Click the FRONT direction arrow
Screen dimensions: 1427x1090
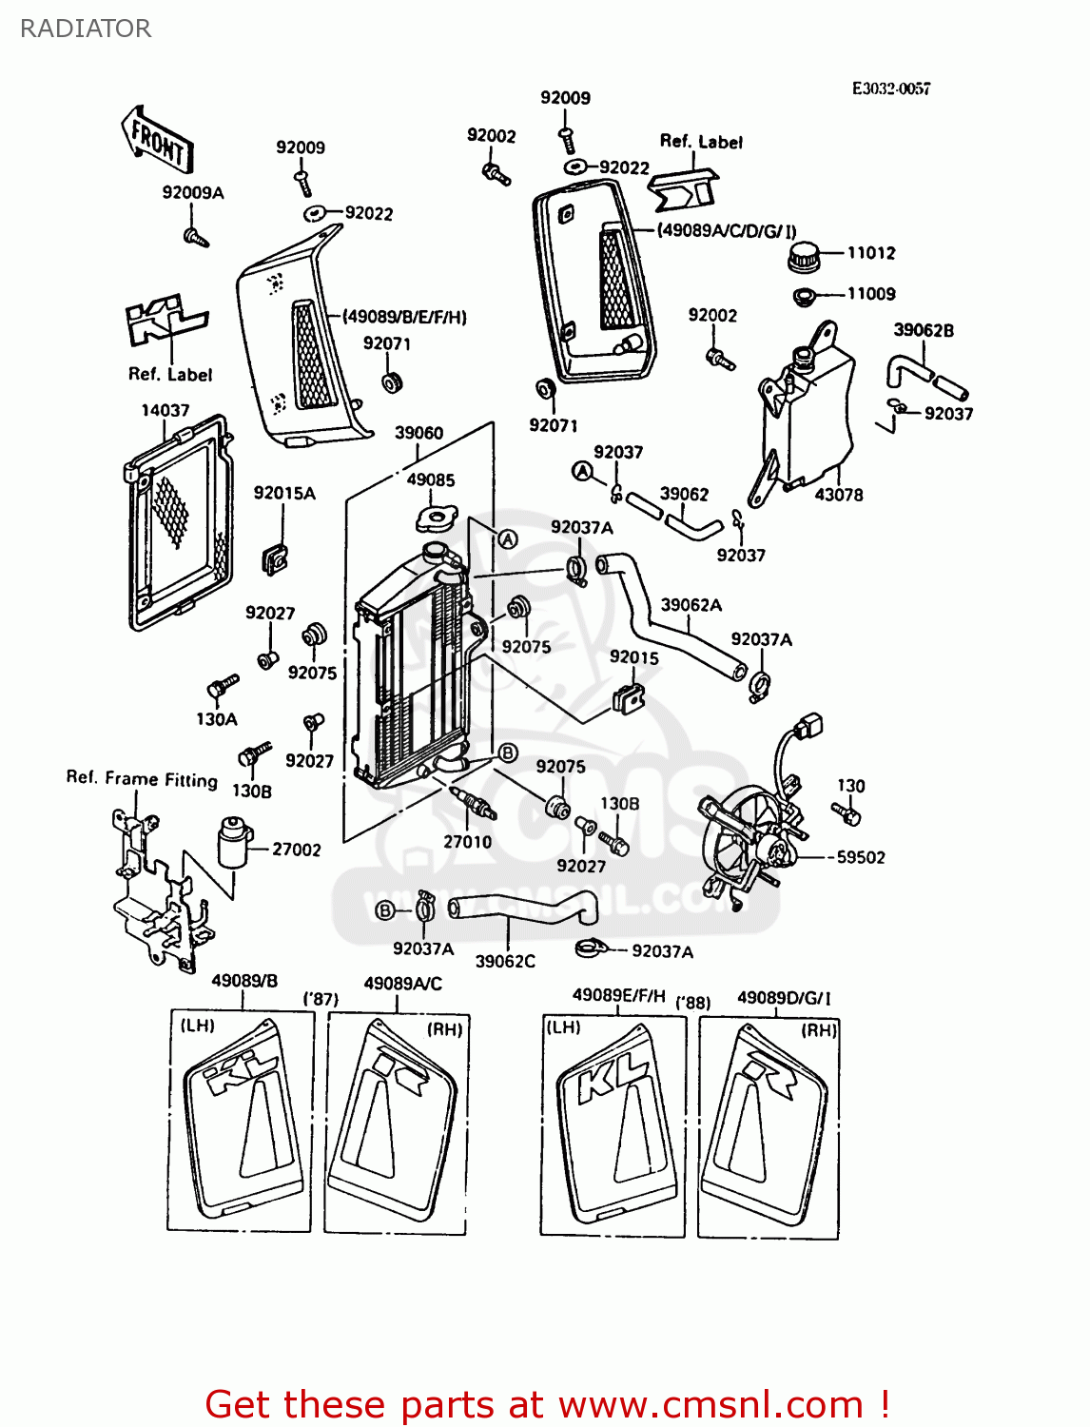[x=157, y=141]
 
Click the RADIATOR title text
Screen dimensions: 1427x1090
[x=86, y=29]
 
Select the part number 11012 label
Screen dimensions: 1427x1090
[x=870, y=253]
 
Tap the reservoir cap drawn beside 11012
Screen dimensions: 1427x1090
[x=805, y=256]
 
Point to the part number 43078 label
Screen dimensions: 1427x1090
[x=838, y=495]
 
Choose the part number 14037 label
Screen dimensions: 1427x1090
[x=165, y=410]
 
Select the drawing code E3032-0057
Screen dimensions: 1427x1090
[x=890, y=88]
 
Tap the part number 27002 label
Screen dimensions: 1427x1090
[x=296, y=850]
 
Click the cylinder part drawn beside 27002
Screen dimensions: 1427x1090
[x=234, y=842]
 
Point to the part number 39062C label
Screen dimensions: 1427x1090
[x=505, y=961]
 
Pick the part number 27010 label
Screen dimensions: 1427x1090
[x=467, y=842]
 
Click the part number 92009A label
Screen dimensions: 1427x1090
[x=193, y=192]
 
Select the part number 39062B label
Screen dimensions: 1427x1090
[x=923, y=330]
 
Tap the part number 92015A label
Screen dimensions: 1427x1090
[x=284, y=493]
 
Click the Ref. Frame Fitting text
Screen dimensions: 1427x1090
[x=142, y=778]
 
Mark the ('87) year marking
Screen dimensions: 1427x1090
[x=321, y=999]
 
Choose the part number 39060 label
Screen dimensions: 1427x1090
[x=418, y=433]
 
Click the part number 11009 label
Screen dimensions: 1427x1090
[x=870, y=294]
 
